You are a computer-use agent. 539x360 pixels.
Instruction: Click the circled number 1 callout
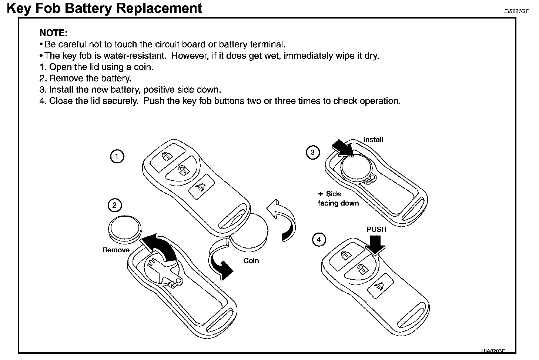click(x=117, y=156)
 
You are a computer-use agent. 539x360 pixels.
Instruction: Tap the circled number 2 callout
click(x=114, y=205)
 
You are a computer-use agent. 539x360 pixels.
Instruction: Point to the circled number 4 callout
click(x=319, y=240)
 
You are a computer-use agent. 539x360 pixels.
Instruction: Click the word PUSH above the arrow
click(x=376, y=229)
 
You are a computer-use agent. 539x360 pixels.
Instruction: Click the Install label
click(x=373, y=140)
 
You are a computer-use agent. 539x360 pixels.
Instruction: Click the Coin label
click(x=251, y=261)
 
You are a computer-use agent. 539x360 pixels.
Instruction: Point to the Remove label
click(x=116, y=250)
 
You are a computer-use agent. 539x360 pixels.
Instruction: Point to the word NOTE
click(x=53, y=33)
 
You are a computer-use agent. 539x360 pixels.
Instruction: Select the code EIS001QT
click(x=516, y=11)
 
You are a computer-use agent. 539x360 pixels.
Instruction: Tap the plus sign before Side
click(x=321, y=194)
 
